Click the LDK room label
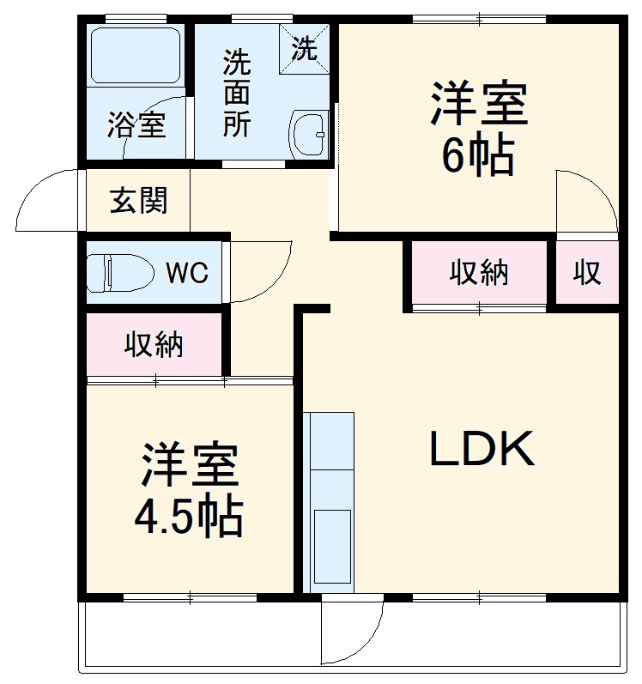(x=482, y=449)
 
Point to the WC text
(x=186, y=273)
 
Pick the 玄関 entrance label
(x=138, y=201)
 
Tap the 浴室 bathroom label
(x=136, y=126)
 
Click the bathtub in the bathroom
(x=136, y=57)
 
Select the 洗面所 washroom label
(x=238, y=94)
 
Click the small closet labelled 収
(x=587, y=273)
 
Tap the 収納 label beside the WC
(x=154, y=344)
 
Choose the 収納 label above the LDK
(x=479, y=273)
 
